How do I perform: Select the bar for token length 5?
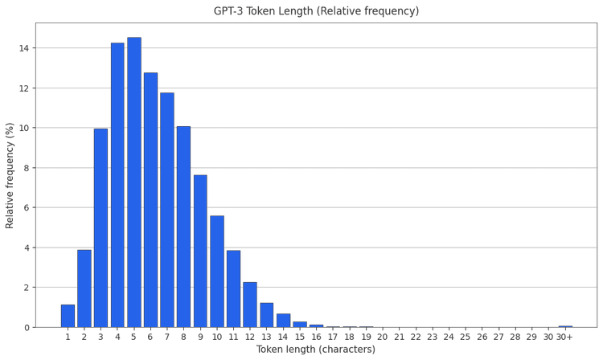(x=133, y=182)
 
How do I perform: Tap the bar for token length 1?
(x=68, y=316)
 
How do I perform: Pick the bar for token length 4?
(x=117, y=185)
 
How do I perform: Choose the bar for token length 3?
(x=100, y=227)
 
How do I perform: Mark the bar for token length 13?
(x=267, y=314)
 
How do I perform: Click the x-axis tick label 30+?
(x=565, y=337)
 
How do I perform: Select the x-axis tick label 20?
(x=383, y=337)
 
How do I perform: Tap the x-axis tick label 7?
(x=167, y=337)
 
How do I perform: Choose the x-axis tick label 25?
(x=466, y=337)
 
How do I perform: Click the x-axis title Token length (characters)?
(x=316, y=350)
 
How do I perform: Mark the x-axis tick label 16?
(x=317, y=337)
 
